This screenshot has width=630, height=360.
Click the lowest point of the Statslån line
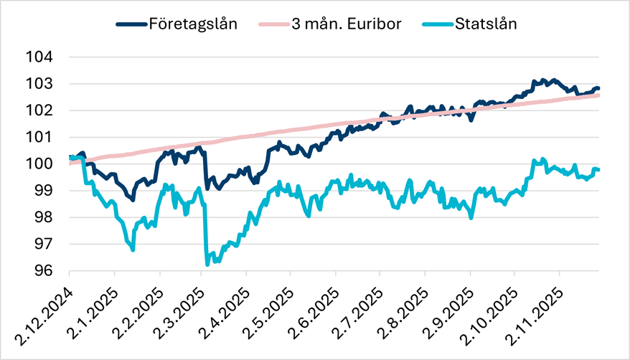tap(207, 264)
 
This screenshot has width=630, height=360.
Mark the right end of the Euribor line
tap(598, 95)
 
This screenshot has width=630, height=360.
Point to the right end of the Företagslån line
tap(598, 88)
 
